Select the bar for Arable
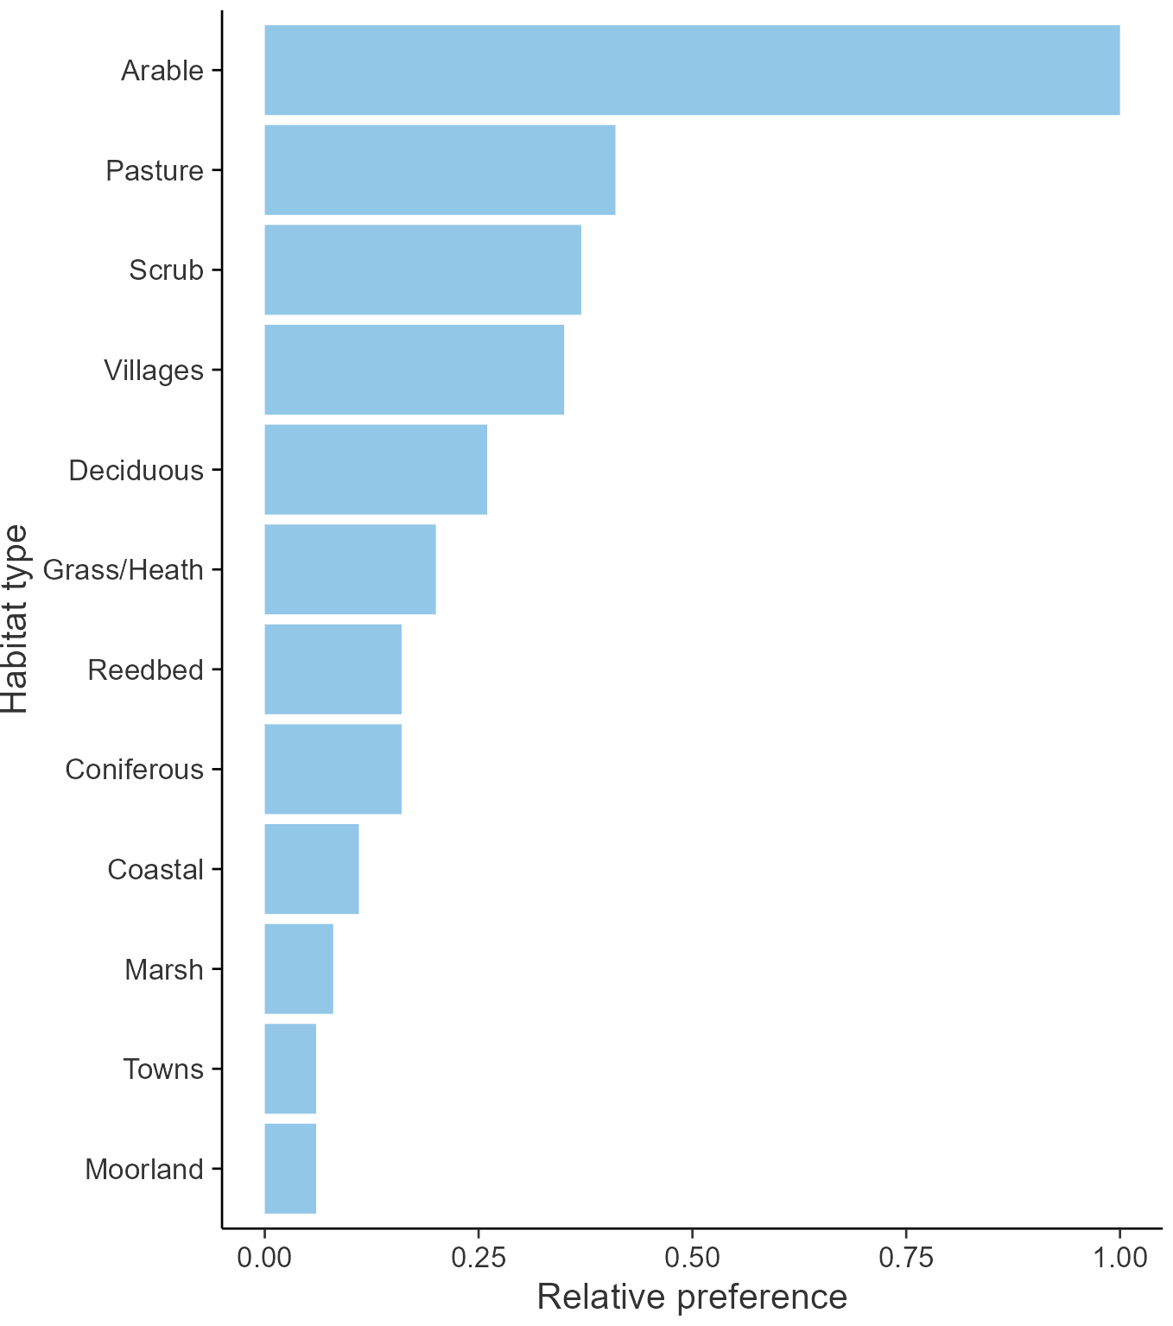pos(691,70)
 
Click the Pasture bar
pos(440,170)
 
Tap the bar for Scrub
pos(422,270)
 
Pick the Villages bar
pos(414,370)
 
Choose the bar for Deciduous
pos(375,470)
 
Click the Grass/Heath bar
pos(350,569)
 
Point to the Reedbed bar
pos(333,669)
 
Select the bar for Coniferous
pos(333,769)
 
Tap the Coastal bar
pos(311,869)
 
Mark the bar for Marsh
pos(298,969)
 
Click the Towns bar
pos(289,1069)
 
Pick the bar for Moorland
pos(289,1169)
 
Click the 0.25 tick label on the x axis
pos(478,1257)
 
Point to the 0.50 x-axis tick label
pos(692,1257)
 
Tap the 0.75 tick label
pos(906,1257)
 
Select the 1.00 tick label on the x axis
pos(1119,1257)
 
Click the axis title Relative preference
pos(692,1297)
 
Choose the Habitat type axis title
pos(16,619)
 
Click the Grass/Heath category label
pos(123,570)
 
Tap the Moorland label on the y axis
pos(144,1170)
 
